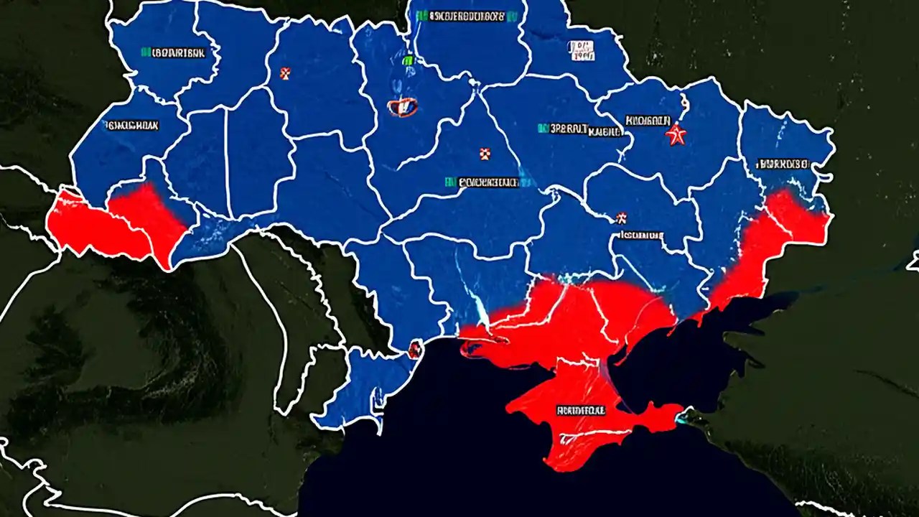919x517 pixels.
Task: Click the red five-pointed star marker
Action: pyautogui.click(x=675, y=135)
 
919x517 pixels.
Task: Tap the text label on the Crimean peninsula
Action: pyautogui.click(x=581, y=411)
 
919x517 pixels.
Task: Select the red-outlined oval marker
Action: pyautogui.click(x=402, y=108)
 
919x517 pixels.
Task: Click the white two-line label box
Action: pyautogui.click(x=582, y=50)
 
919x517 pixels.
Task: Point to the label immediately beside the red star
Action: pyautogui.click(x=648, y=120)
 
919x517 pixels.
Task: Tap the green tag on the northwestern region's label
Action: pyautogui.click(x=145, y=52)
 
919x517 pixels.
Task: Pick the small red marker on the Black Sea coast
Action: pyautogui.click(x=414, y=350)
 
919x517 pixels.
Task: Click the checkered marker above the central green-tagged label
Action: pyautogui.click(x=484, y=153)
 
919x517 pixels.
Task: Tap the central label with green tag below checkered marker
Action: pyautogui.click(x=482, y=182)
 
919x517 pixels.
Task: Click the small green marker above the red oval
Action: pyautogui.click(x=408, y=61)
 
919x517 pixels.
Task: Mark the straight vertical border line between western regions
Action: pyautogui.click(x=227, y=154)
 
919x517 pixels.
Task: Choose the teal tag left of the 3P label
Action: pyautogui.click(x=543, y=129)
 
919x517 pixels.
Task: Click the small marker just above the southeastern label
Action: pyautogui.click(x=621, y=217)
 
